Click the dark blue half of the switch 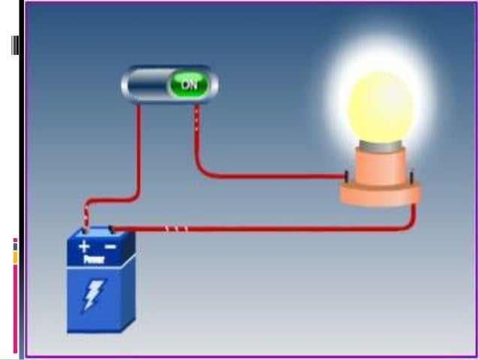coord(147,84)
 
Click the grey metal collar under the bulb coord(380,153)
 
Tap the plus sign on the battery coord(85,246)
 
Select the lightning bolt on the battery coord(93,295)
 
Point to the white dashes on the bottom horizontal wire coord(176,228)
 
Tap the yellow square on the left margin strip coord(14,258)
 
